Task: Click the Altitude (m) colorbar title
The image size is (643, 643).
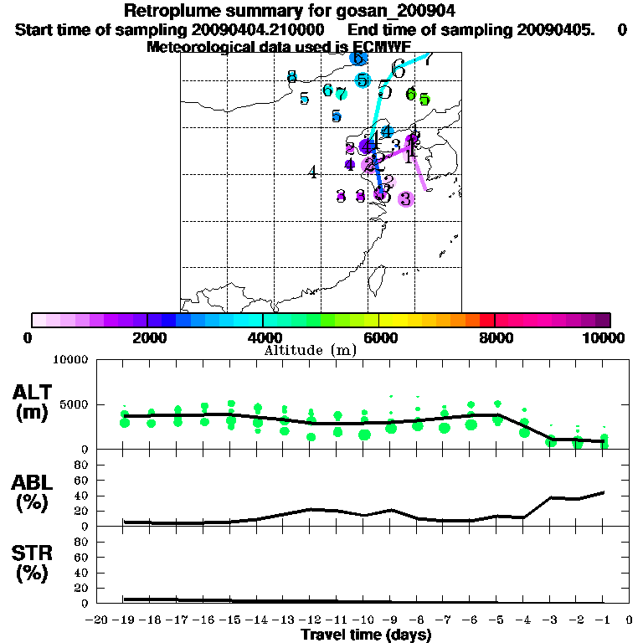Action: [310, 350]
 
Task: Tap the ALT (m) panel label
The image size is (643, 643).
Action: [33, 402]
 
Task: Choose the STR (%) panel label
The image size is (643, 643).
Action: [33, 563]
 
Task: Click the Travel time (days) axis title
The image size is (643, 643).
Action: [366, 635]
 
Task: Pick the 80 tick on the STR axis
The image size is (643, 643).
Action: [82, 542]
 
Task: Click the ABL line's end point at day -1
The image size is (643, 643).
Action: [604, 492]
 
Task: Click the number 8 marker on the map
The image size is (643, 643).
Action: [291, 77]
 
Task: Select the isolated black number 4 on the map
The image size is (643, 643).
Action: [312, 173]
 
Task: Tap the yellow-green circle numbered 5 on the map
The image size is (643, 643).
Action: [424, 100]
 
